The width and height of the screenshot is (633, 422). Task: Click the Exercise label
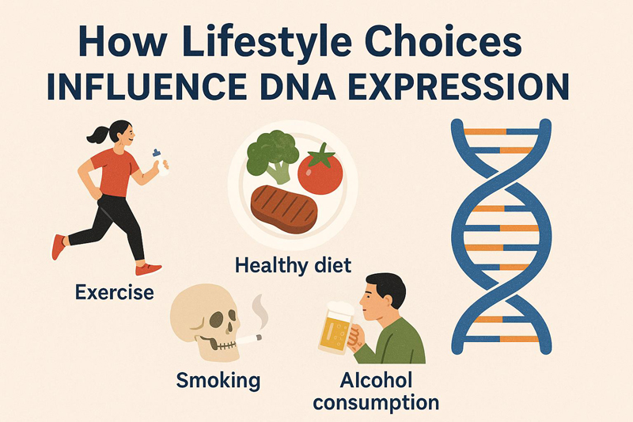[x=114, y=293]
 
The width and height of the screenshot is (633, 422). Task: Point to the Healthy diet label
[x=293, y=264]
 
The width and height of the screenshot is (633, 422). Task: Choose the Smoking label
[x=218, y=380]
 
